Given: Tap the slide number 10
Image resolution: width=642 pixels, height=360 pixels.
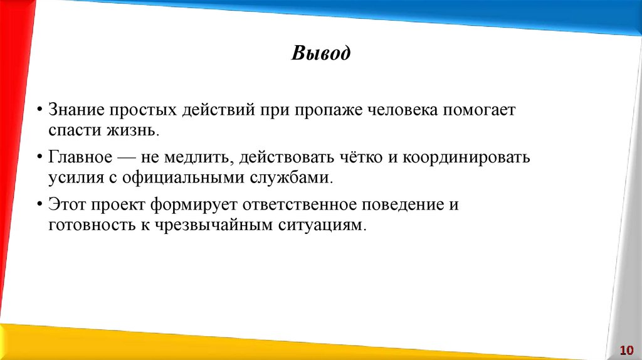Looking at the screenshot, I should [x=626, y=349].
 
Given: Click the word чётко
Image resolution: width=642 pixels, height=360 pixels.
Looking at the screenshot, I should [x=355, y=157].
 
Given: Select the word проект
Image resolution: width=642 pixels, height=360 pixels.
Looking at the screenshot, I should [x=118, y=204].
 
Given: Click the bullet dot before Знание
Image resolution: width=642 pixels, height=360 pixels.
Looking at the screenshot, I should [x=39, y=110].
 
